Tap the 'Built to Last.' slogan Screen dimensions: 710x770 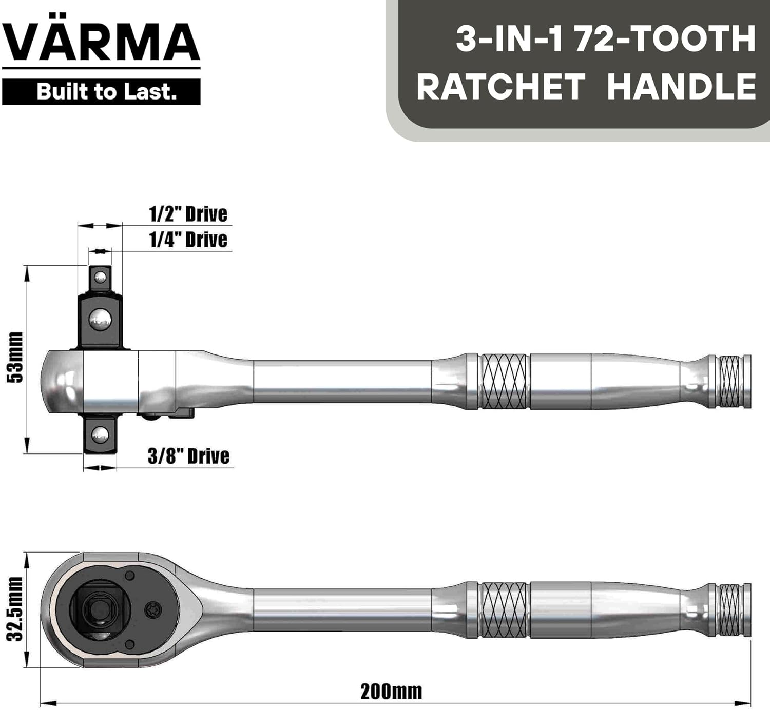point(106,92)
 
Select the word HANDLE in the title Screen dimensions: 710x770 point(681,86)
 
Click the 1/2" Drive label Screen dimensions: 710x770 point(188,214)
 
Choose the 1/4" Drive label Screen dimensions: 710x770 point(188,240)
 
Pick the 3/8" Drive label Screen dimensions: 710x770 point(188,456)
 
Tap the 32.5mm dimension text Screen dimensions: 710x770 point(16,609)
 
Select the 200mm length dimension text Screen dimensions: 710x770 point(391,692)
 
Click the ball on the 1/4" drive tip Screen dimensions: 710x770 point(100,278)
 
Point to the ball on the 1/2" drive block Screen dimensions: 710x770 point(100,320)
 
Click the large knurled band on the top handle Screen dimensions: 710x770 point(504,381)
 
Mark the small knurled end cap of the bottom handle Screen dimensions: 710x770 point(729,610)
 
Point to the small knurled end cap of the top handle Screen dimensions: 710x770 point(729,381)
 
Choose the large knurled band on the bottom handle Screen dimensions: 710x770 point(504,610)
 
